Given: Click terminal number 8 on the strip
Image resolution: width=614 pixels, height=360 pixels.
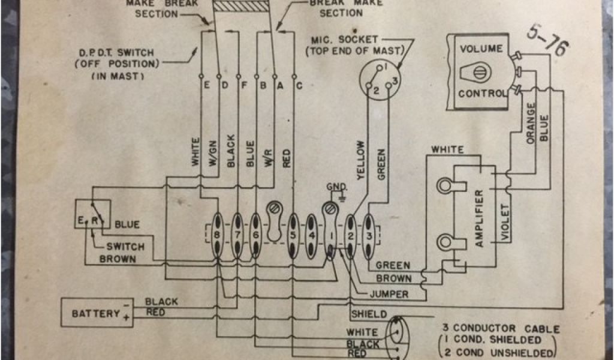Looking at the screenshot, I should pos(218,236).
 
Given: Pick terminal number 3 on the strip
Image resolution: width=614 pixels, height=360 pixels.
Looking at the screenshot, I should pos(369,236).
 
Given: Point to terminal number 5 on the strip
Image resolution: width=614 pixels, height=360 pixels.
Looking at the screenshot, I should pos(293,236).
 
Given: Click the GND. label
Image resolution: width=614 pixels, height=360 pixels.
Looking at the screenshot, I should pos(336,187).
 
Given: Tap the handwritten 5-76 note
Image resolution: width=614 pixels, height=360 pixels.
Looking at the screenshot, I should pos(547,41).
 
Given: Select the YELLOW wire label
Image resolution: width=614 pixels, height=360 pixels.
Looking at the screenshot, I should pos(360,160).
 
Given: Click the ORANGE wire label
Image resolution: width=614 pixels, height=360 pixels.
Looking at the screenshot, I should pos(531,123).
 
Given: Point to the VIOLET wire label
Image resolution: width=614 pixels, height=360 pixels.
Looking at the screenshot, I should pos(504,223).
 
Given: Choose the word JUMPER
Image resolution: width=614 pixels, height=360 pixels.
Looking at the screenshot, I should pos(389,294).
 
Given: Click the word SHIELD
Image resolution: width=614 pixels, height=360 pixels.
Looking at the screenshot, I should pos(369,314).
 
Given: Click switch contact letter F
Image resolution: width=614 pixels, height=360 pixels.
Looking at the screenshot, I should pos(238,85).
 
